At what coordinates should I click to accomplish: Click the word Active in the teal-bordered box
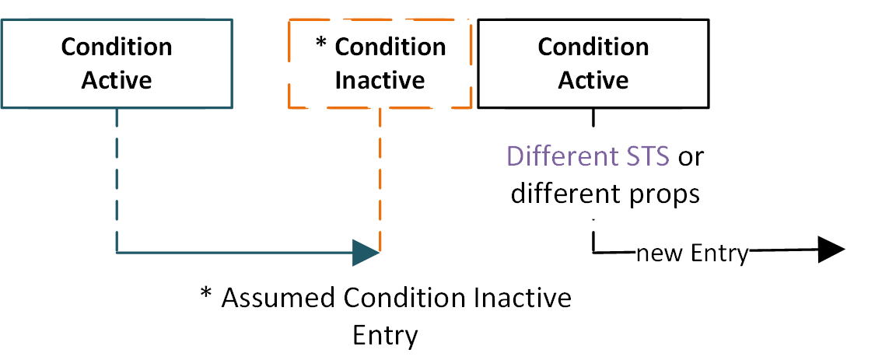pyautogui.click(x=117, y=80)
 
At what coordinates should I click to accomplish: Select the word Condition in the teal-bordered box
pyautogui.click(x=117, y=47)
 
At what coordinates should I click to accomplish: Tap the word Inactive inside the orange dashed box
pyautogui.click(x=380, y=80)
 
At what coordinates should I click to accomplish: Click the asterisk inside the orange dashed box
pyautogui.click(x=322, y=45)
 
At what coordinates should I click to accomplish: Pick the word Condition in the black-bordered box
pyautogui.click(x=593, y=47)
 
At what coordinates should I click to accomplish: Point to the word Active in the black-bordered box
pyautogui.click(x=593, y=80)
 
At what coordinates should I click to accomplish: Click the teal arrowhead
pyautogui.click(x=366, y=253)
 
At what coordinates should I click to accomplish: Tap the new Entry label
pyautogui.click(x=691, y=253)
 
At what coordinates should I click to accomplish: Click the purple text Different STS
pyautogui.click(x=588, y=156)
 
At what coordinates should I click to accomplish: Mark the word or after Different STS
pyautogui.click(x=691, y=156)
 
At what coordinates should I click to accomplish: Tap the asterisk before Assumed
pyautogui.click(x=206, y=295)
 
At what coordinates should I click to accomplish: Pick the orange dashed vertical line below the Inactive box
pyautogui.click(x=380, y=179)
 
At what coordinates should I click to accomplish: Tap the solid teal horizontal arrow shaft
pyautogui.click(x=233, y=253)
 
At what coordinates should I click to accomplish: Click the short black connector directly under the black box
pyautogui.click(x=593, y=117)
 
